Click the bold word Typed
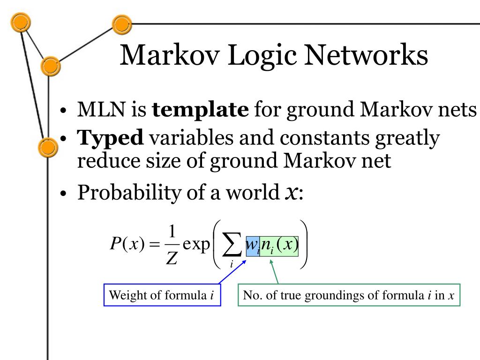coord(110,138)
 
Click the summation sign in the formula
coord(232,245)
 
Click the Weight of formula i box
coord(162,295)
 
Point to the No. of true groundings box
coord(349,295)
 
